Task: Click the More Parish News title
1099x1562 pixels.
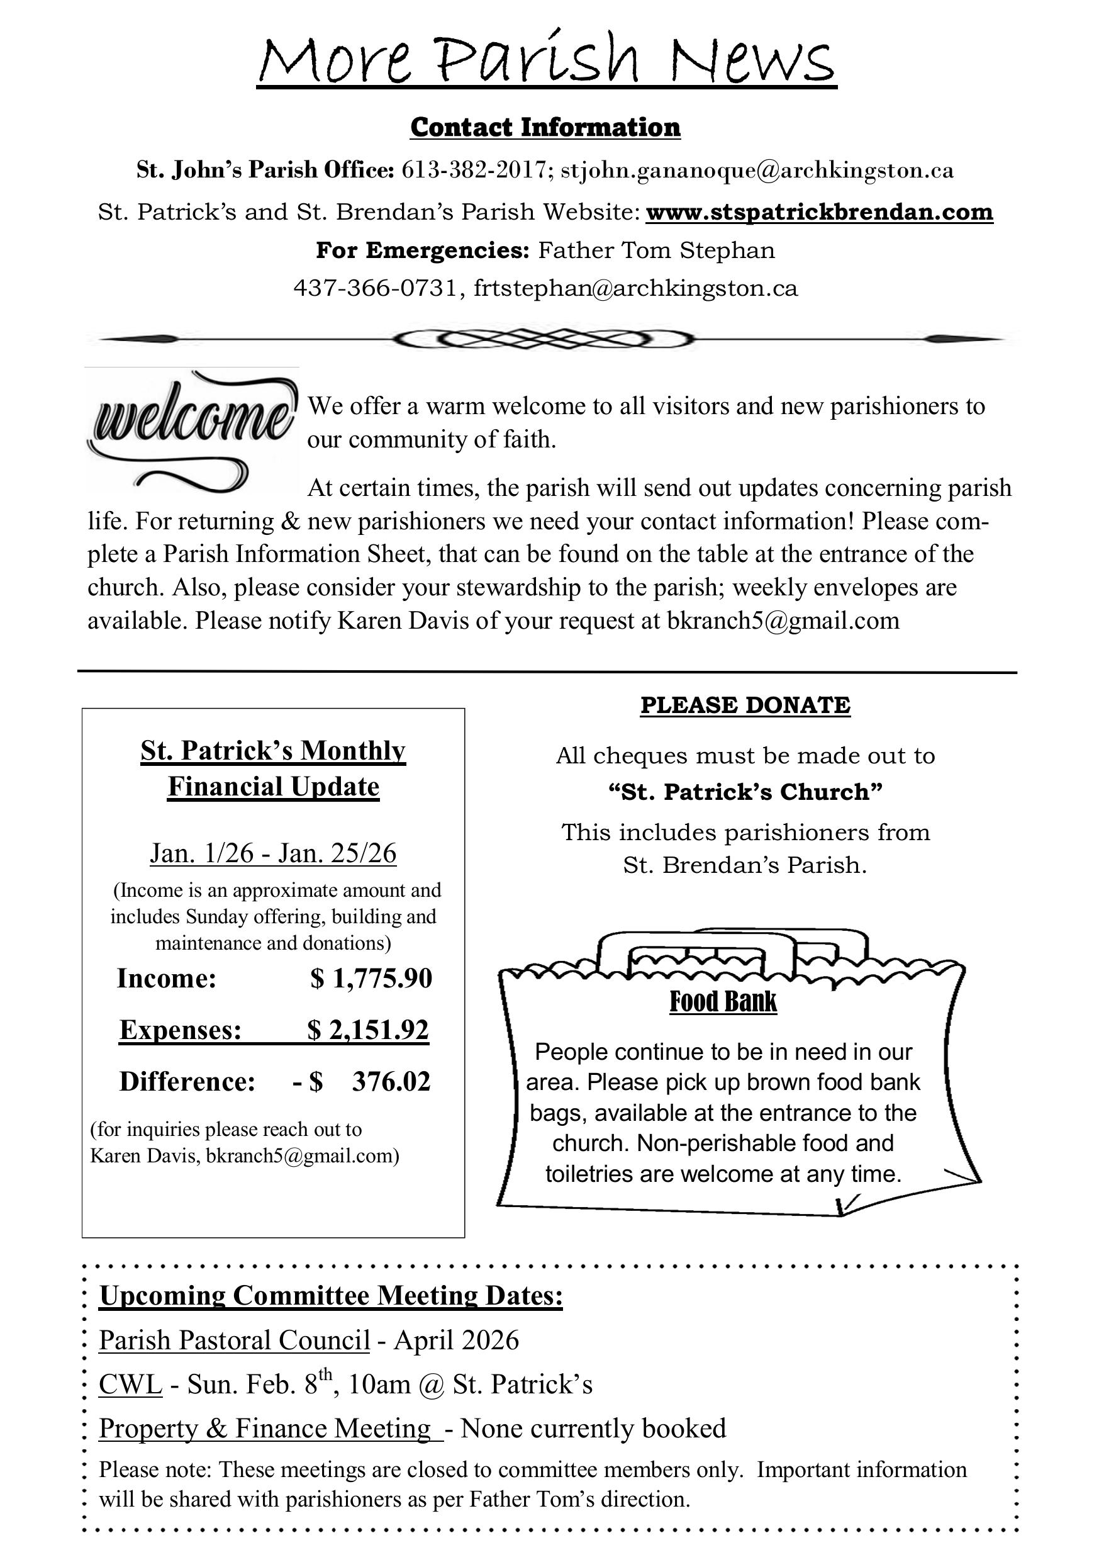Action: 547,60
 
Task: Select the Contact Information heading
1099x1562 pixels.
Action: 545,128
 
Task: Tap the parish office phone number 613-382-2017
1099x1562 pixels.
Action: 476,170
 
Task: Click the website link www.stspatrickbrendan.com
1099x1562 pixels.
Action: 819,212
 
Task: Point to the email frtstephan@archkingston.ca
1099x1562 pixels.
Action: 635,288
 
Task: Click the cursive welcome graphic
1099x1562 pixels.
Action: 192,427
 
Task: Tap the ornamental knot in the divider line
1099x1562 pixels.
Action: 544,338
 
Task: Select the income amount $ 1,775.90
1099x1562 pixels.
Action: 371,978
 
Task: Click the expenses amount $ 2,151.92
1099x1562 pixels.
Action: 368,1030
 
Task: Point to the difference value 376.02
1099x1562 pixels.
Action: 391,1082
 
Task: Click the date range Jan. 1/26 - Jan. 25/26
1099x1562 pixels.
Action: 273,853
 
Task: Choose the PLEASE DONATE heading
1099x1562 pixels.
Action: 745,705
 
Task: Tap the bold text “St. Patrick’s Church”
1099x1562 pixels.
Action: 745,792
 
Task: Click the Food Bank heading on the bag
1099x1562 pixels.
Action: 723,1001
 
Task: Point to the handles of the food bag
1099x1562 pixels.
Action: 731,946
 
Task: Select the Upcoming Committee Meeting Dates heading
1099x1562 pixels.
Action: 331,1295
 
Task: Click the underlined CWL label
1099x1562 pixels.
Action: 131,1384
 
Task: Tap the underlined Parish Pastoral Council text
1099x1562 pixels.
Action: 234,1340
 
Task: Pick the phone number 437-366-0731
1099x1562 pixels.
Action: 375,288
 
